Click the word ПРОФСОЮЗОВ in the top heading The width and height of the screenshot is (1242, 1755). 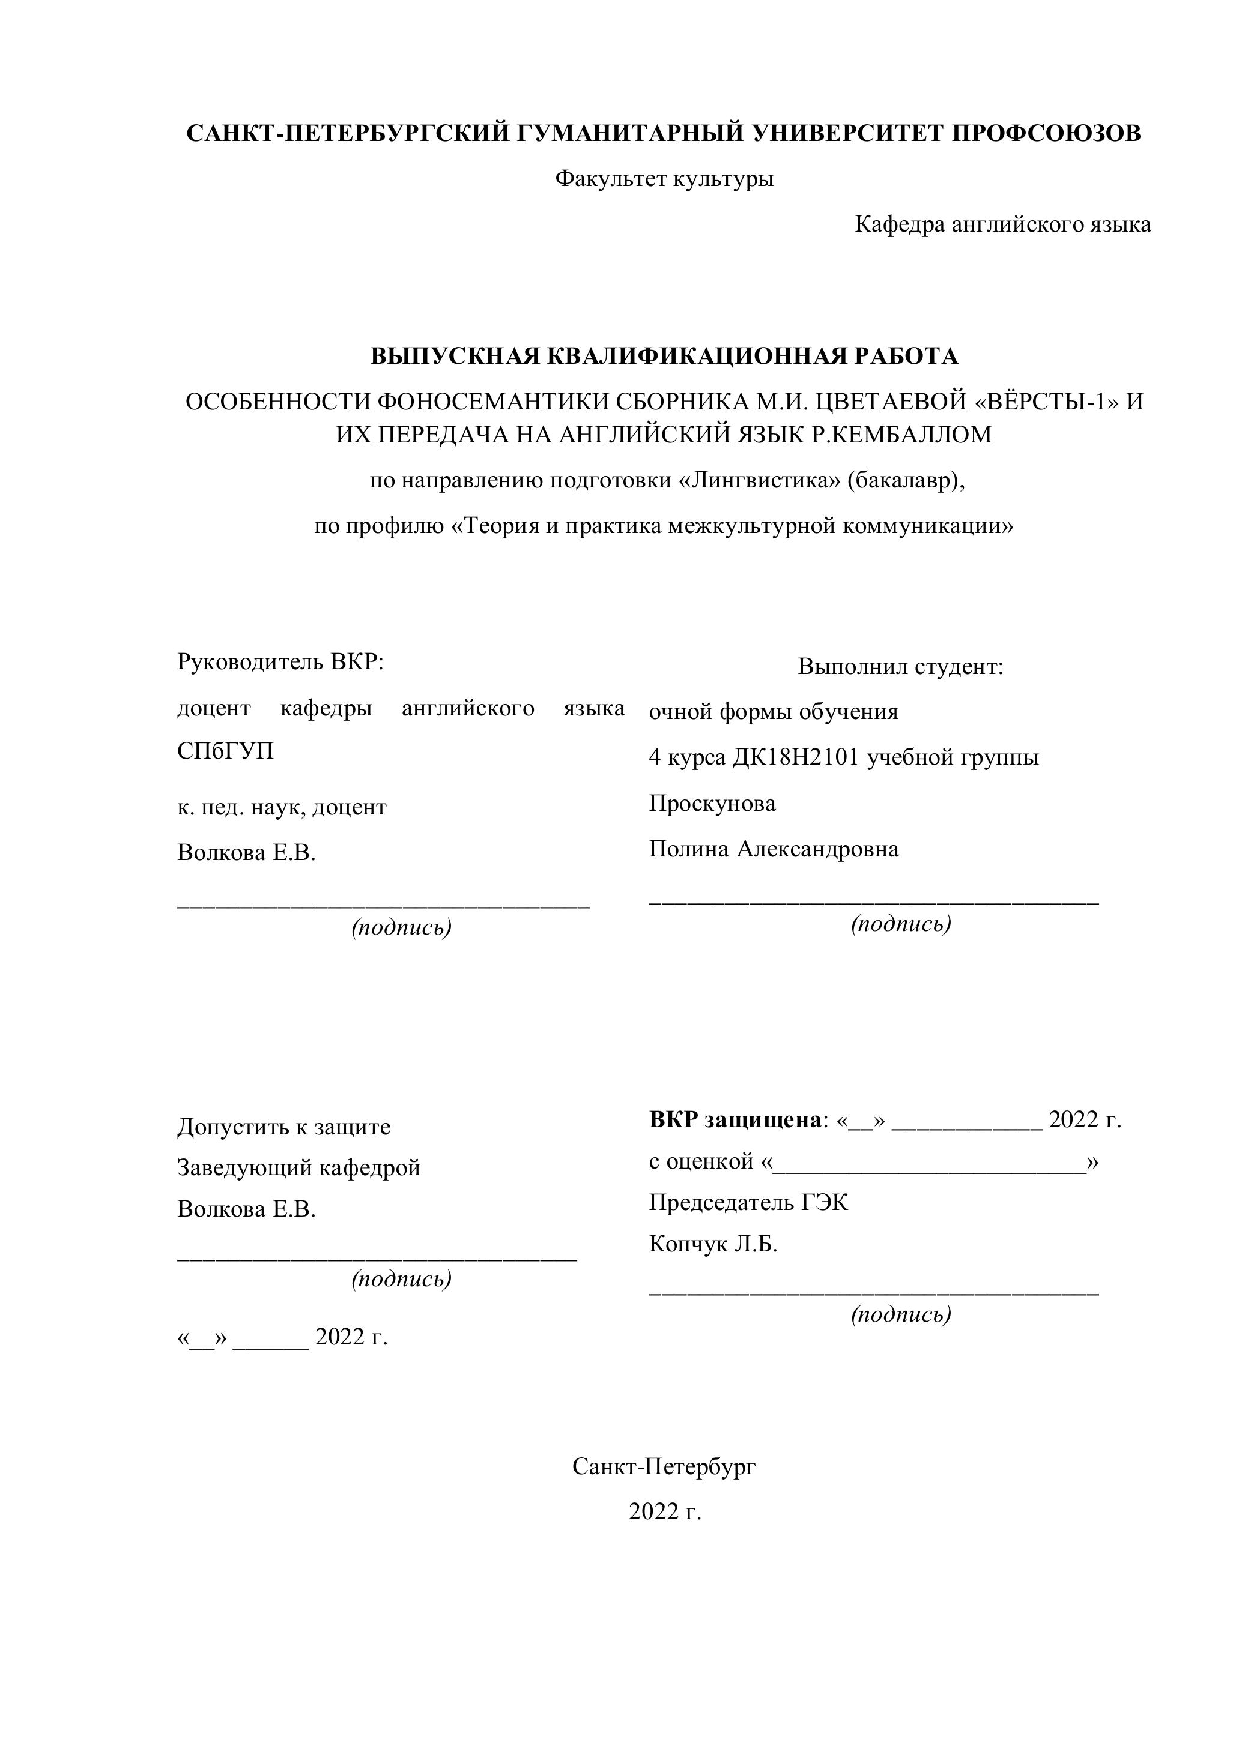(x=1046, y=133)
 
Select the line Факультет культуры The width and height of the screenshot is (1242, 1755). (x=664, y=179)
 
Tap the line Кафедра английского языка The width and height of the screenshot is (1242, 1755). (x=1002, y=224)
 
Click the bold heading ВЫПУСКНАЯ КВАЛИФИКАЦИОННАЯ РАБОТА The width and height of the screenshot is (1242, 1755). (x=664, y=356)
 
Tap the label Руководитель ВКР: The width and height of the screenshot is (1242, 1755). (x=280, y=661)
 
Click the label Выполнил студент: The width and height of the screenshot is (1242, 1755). (x=900, y=667)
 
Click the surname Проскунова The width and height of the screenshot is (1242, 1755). (x=712, y=803)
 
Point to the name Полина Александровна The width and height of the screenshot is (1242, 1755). (x=774, y=849)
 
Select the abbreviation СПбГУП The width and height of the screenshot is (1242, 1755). (x=225, y=751)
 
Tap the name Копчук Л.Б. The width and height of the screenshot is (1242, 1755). (x=713, y=1244)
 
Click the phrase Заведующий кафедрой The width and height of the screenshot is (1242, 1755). (x=299, y=1167)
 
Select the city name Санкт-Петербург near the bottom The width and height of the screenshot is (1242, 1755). (x=664, y=1466)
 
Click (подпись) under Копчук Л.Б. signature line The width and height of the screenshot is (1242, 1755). (x=901, y=1314)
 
